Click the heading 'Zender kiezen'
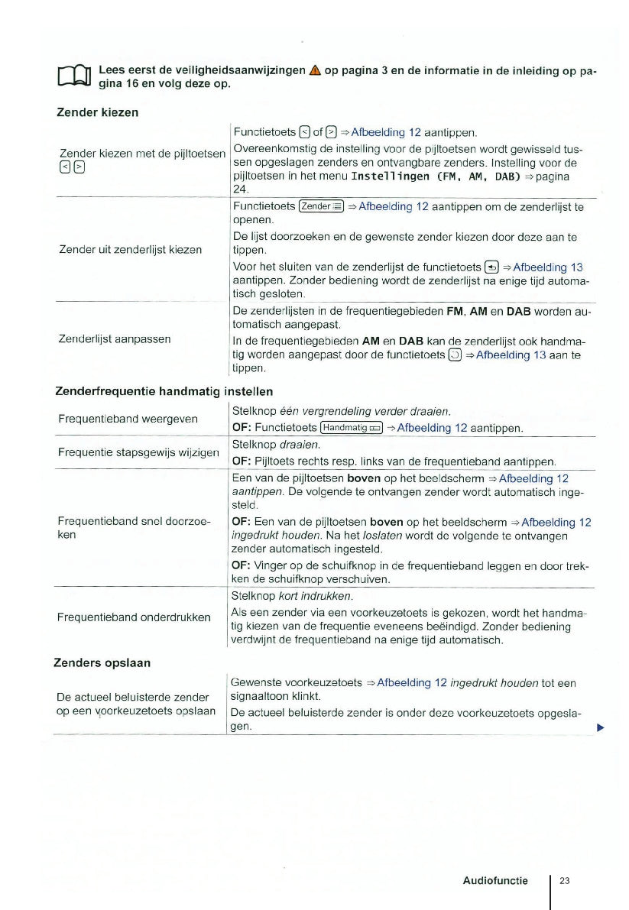point(98,112)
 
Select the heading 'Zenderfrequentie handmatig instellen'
point(164,391)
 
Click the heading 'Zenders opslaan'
point(102,662)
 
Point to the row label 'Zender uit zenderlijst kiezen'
point(130,250)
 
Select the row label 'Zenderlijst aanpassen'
point(115,338)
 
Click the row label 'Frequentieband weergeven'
point(128,419)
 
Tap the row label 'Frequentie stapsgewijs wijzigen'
point(138,452)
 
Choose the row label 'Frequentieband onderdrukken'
point(135,617)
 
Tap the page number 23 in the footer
point(565,881)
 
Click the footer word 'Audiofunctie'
point(495,881)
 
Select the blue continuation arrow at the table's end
point(601,727)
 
